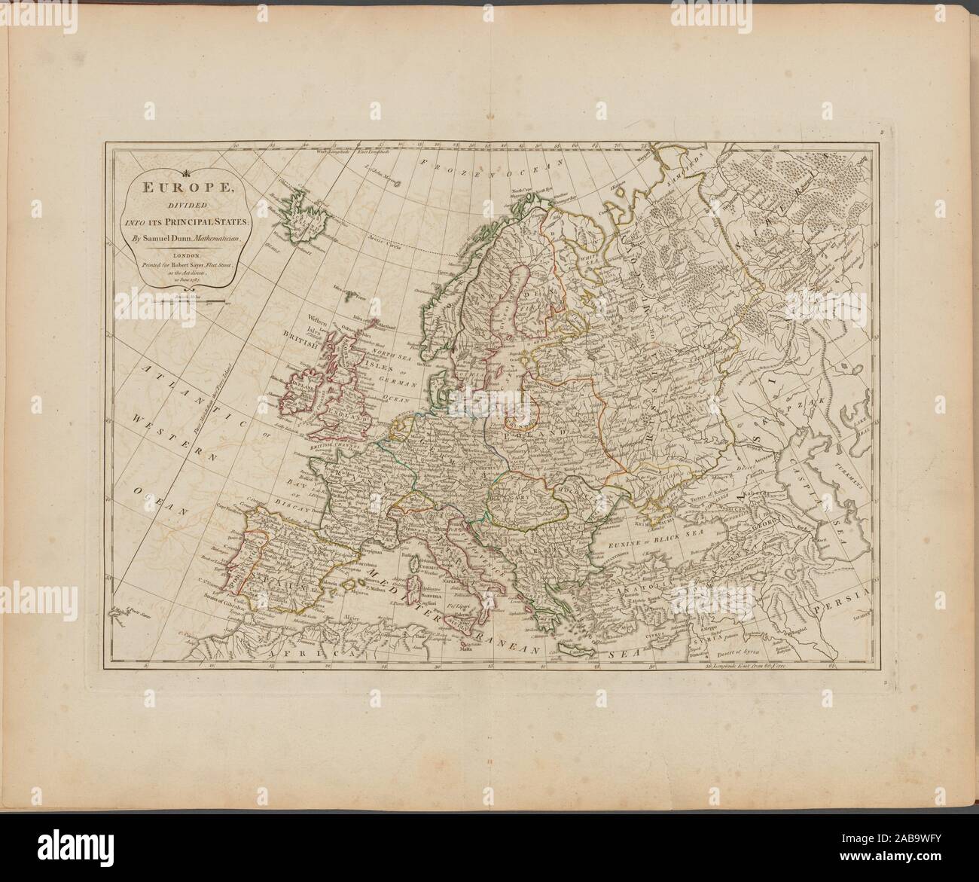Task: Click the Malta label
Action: coord(461,639)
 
